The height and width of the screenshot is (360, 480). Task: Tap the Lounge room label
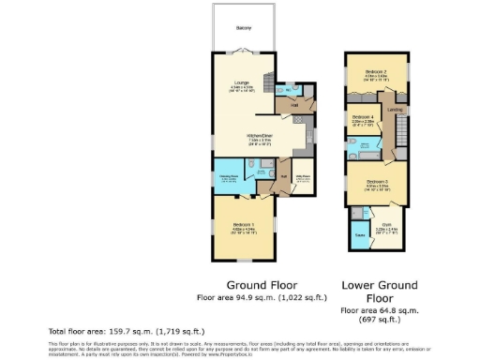(242, 84)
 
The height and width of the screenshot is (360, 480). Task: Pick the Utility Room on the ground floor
(303, 176)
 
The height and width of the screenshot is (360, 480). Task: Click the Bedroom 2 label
(376, 73)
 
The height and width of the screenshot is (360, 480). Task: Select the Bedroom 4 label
(363, 118)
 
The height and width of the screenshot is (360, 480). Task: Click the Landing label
(397, 110)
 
